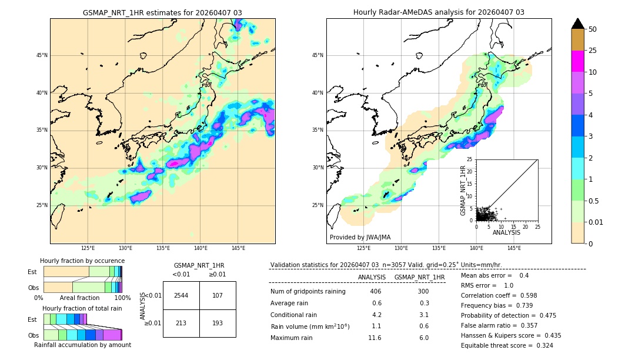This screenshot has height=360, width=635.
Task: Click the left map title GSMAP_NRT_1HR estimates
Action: (x=162, y=12)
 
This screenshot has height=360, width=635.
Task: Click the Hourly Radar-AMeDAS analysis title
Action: (x=439, y=12)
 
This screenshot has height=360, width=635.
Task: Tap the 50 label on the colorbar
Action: (x=593, y=29)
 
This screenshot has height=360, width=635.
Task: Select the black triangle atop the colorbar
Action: (x=578, y=24)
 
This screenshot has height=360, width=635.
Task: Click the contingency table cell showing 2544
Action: (x=181, y=295)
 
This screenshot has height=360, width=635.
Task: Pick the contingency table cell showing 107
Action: (x=218, y=295)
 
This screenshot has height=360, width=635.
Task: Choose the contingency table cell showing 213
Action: (x=181, y=323)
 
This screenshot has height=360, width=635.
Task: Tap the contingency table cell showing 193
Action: (x=218, y=323)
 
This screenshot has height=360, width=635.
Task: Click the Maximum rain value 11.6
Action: (x=375, y=338)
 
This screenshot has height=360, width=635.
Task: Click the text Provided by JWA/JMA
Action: (x=360, y=238)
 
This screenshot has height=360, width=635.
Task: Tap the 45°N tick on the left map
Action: (x=42, y=55)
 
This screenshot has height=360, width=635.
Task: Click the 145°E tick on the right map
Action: (x=514, y=248)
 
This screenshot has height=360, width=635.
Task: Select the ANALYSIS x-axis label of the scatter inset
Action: (x=506, y=232)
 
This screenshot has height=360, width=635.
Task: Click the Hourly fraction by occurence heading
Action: (x=82, y=261)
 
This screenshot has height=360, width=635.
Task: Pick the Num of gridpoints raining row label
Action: (x=308, y=292)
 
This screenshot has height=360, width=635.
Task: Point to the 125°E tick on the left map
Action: (x=88, y=248)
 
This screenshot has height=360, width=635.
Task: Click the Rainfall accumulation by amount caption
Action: (x=82, y=345)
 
